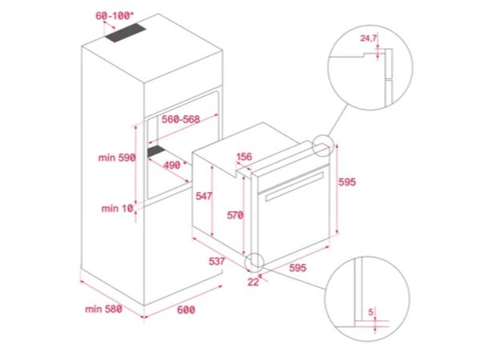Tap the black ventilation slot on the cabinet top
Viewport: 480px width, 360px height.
click(x=130, y=33)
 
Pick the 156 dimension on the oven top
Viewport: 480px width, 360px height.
click(x=245, y=158)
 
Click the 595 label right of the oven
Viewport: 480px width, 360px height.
click(x=346, y=182)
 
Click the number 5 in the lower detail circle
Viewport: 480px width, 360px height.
click(x=370, y=311)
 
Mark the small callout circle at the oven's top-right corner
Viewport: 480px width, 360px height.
click(x=322, y=146)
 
